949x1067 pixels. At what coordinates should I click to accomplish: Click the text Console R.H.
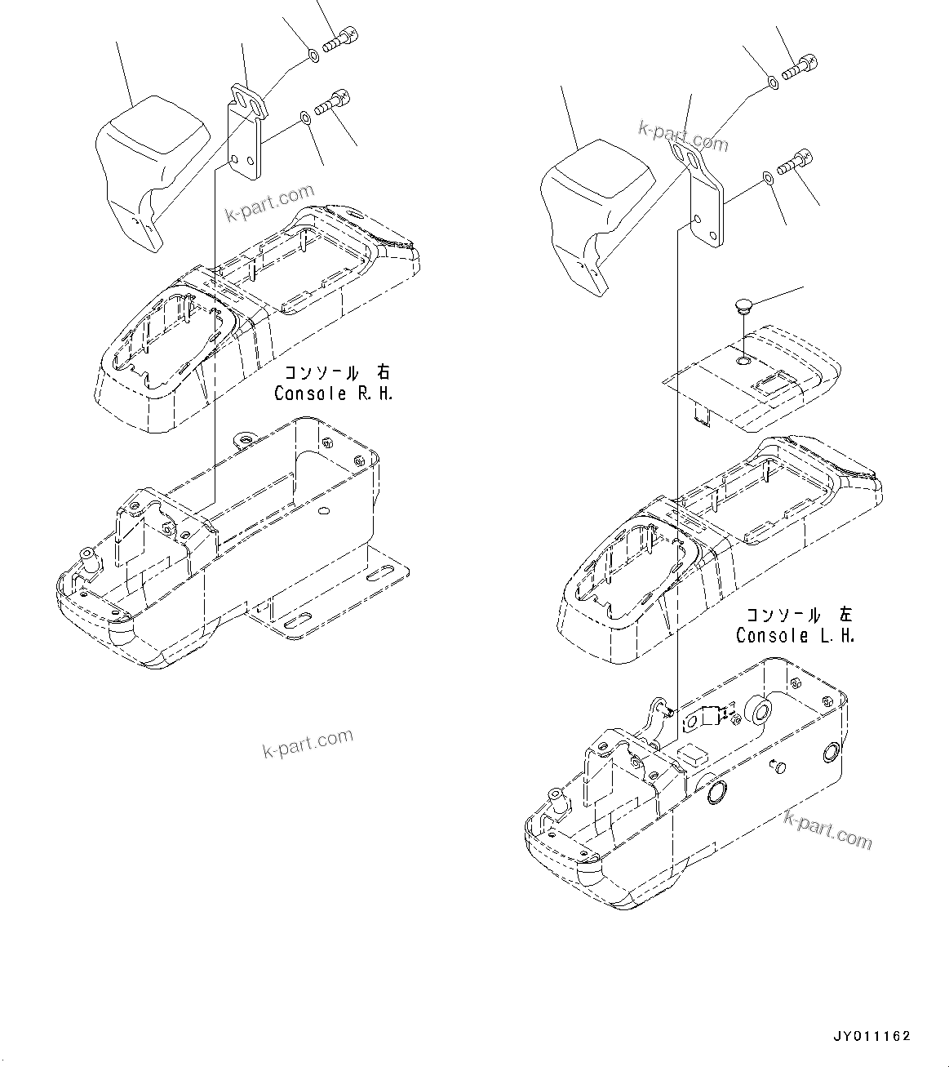click(x=334, y=393)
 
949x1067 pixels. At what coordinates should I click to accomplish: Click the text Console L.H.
click(x=795, y=635)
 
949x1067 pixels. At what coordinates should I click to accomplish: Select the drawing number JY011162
click(x=871, y=1036)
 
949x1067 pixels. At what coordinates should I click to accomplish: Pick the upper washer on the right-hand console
click(x=313, y=56)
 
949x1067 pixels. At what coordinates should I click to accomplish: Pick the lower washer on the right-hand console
click(x=304, y=119)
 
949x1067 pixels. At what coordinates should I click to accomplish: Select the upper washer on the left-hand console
click(x=772, y=82)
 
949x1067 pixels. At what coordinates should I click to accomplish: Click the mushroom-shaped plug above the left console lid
click(x=740, y=308)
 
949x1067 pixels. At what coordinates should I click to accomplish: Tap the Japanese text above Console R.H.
click(x=335, y=372)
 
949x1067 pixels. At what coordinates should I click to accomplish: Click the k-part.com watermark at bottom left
click(x=308, y=742)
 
